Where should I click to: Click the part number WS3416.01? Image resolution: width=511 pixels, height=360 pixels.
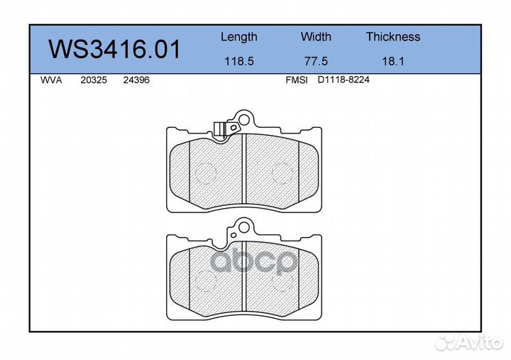pos(114,49)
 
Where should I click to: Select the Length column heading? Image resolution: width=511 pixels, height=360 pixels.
pos(239,37)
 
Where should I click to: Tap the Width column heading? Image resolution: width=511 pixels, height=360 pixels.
pos(316,36)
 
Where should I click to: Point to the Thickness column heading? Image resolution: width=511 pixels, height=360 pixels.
pos(393,36)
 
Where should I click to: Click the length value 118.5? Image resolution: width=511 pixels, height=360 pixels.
pos(239,61)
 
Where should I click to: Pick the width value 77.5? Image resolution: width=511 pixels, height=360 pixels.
pos(316,61)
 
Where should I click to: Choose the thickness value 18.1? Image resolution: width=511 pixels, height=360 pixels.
pos(393,61)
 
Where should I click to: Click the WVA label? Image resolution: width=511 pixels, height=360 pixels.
pos(51,80)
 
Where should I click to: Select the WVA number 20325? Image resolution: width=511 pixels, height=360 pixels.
pos(94,80)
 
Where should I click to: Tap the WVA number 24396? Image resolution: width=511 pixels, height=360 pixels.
pos(136,80)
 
